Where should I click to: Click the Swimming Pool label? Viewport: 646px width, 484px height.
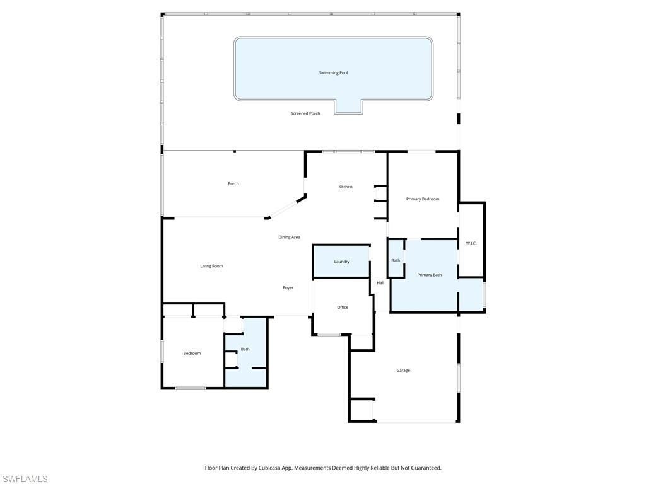pos(333,73)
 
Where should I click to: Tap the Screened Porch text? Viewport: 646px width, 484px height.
pos(305,113)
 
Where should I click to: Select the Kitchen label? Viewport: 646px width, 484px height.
pos(345,187)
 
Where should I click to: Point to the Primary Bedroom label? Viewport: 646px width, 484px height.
pos(423,199)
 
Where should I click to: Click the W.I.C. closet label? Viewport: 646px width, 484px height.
pos(471,243)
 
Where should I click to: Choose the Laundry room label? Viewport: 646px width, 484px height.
pos(342,262)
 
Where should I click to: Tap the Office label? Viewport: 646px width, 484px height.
pos(343,308)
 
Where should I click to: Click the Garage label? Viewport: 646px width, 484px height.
pos(403,371)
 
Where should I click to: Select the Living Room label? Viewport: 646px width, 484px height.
pos(211,266)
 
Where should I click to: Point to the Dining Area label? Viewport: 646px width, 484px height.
pos(290,238)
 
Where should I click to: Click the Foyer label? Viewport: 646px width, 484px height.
pos(288,288)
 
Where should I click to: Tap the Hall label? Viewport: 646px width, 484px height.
pos(380,283)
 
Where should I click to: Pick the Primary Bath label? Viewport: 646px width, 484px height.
pos(430,275)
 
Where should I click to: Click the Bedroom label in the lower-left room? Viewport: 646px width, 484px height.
pos(192,354)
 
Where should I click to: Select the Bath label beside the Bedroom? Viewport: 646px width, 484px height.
pos(245,349)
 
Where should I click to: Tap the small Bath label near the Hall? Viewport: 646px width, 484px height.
pos(396,260)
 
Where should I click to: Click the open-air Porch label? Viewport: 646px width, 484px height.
pos(233,184)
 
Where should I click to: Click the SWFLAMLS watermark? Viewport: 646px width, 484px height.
pos(25,479)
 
